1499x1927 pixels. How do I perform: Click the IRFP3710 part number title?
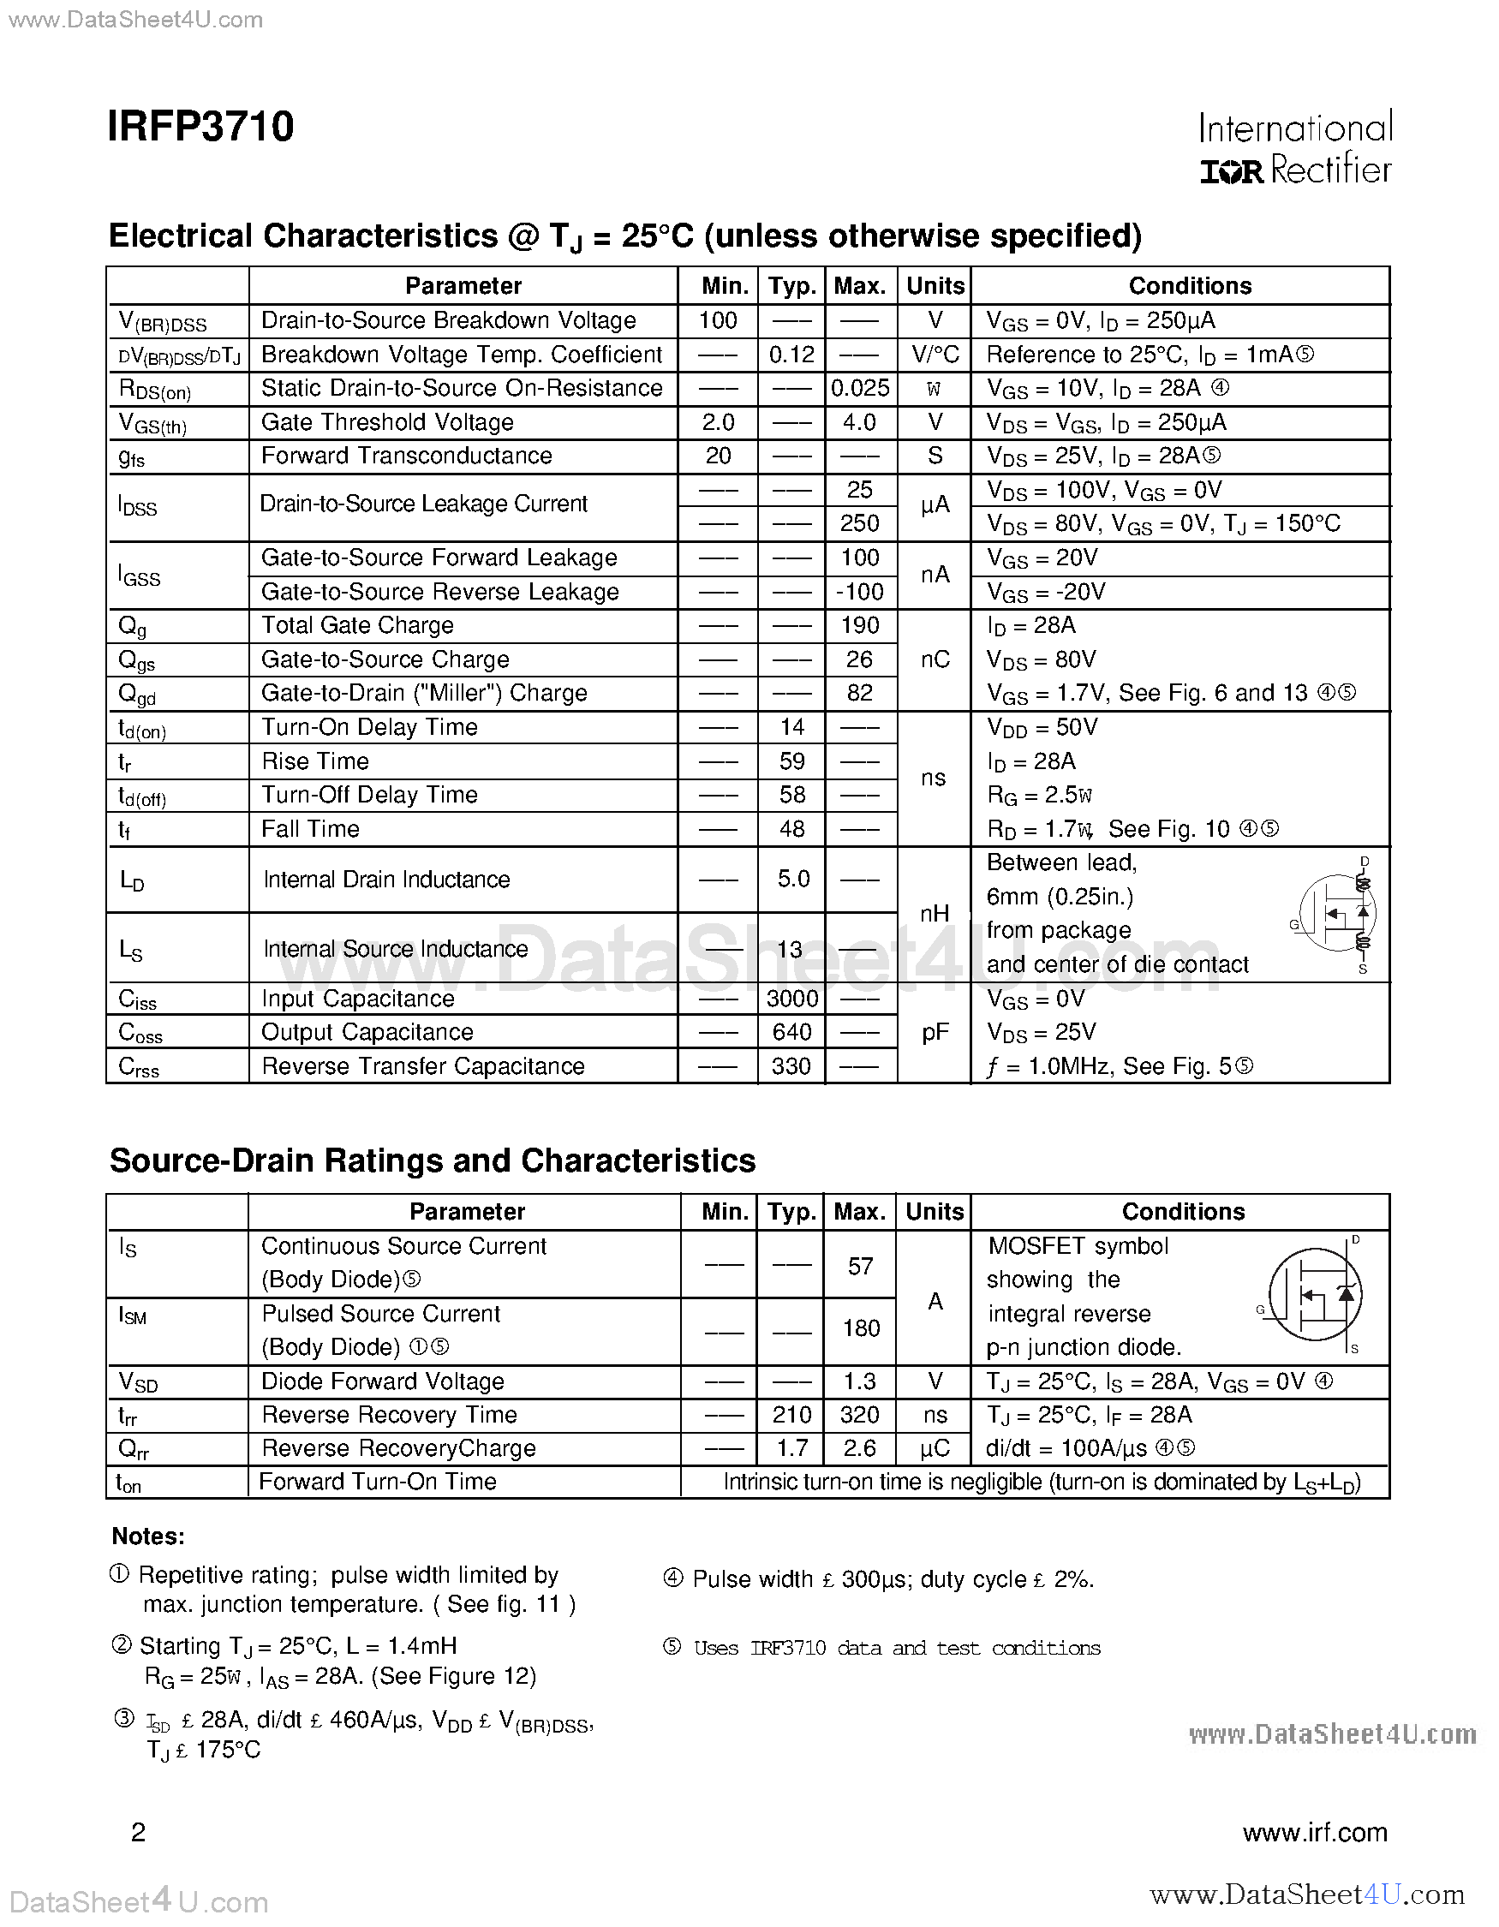click(x=200, y=127)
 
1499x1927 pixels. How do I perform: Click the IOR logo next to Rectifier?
click(x=1232, y=171)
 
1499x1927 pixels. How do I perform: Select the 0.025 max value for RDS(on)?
click(x=859, y=388)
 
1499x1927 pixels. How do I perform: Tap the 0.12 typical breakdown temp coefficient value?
click(x=791, y=355)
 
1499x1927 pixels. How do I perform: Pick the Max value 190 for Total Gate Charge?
click(x=859, y=625)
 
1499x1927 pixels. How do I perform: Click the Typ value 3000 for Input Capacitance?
click(x=791, y=999)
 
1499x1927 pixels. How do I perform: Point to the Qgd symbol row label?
click(x=137, y=695)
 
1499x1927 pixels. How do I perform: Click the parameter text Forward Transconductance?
click(x=407, y=456)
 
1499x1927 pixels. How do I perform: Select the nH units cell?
click(x=935, y=914)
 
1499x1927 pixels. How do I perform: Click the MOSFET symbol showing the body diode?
click(x=1315, y=1295)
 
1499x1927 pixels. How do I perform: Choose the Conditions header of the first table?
click(x=1189, y=286)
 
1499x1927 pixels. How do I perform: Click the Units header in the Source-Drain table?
click(x=935, y=1211)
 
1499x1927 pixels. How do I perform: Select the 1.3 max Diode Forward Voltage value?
click(x=859, y=1381)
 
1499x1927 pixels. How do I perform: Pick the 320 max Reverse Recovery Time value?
click(x=859, y=1415)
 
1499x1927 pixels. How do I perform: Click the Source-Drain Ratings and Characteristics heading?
click(x=433, y=1161)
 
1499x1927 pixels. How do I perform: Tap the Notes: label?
click(x=148, y=1536)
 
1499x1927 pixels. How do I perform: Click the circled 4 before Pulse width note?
click(x=673, y=1578)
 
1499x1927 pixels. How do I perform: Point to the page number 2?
click(x=139, y=1834)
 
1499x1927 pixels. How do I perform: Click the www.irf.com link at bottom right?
click(x=1315, y=1834)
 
